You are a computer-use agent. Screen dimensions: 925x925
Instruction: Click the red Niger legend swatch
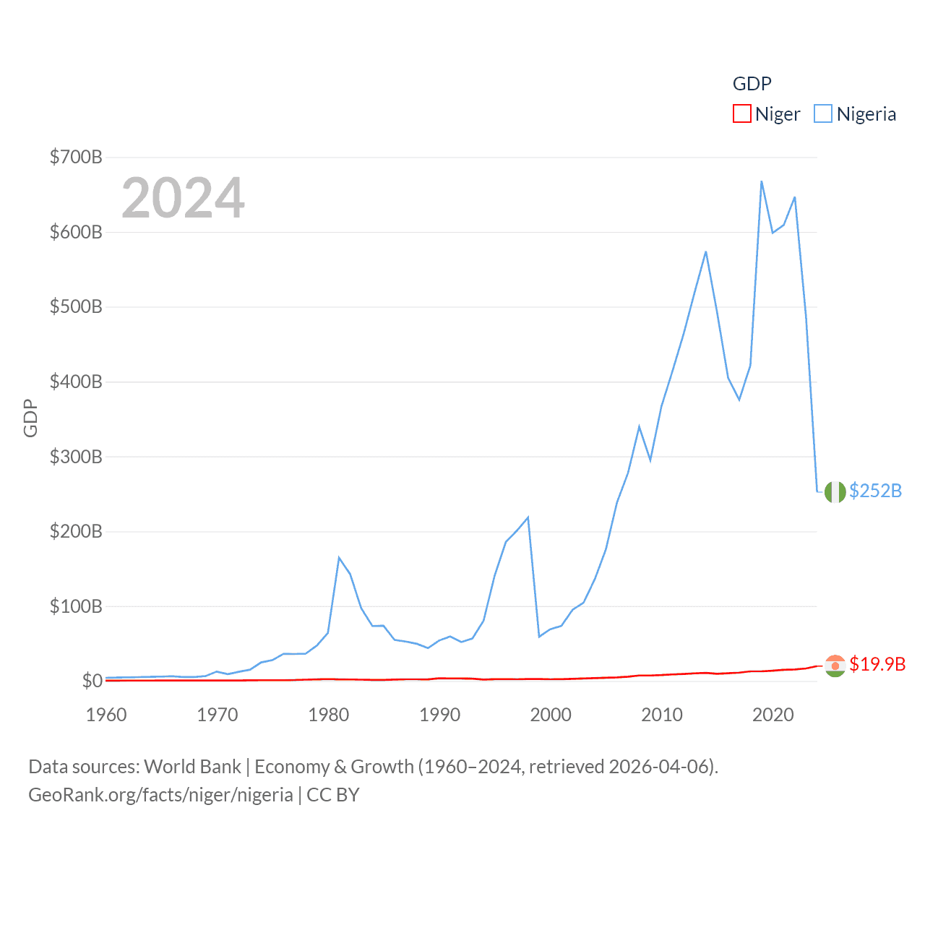[x=742, y=114]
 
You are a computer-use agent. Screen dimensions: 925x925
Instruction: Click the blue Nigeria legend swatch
[x=823, y=114]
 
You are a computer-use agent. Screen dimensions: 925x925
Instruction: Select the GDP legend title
[x=752, y=84]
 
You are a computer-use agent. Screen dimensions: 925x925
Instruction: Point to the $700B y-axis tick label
[x=76, y=157]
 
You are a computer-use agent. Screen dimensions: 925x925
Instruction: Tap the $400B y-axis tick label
[x=76, y=382]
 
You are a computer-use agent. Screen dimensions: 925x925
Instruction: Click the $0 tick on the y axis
[x=92, y=681]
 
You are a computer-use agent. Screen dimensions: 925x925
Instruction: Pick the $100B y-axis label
[x=76, y=606]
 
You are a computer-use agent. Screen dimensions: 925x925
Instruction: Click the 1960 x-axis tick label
[x=106, y=715]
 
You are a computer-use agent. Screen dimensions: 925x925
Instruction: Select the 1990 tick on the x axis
[x=439, y=715]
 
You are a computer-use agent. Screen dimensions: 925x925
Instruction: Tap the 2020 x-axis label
[x=773, y=715]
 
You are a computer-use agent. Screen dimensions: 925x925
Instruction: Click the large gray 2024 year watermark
[x=183, y=198]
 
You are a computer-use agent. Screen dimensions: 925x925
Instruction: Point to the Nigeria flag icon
[x=835, y=491]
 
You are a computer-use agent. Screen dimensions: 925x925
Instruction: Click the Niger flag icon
[x=835, y=666]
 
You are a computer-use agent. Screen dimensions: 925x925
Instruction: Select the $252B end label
[x=875, y=491]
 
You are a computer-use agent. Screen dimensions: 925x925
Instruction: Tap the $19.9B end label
[x=877, y=664]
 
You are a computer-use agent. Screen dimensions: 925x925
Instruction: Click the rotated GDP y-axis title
[x=30, y=418]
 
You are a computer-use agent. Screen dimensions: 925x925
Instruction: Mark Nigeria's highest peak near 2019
[x=762, y=181]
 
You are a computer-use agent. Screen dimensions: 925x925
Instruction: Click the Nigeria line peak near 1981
[x=339, y=557]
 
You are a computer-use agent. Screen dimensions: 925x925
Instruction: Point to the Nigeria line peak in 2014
[x=705, y=251]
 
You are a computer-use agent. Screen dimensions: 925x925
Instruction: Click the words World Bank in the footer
[x=192, y=766]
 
